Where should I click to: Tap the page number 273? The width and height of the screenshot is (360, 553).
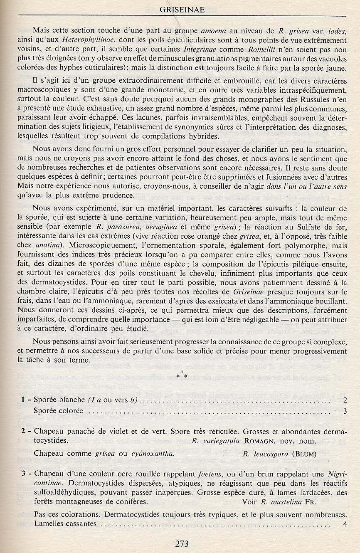point(182,543)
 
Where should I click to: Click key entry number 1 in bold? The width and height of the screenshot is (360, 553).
point(24,400)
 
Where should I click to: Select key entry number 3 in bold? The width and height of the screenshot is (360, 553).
point(24,474)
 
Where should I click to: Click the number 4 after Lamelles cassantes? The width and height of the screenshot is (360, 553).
point(345,523)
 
